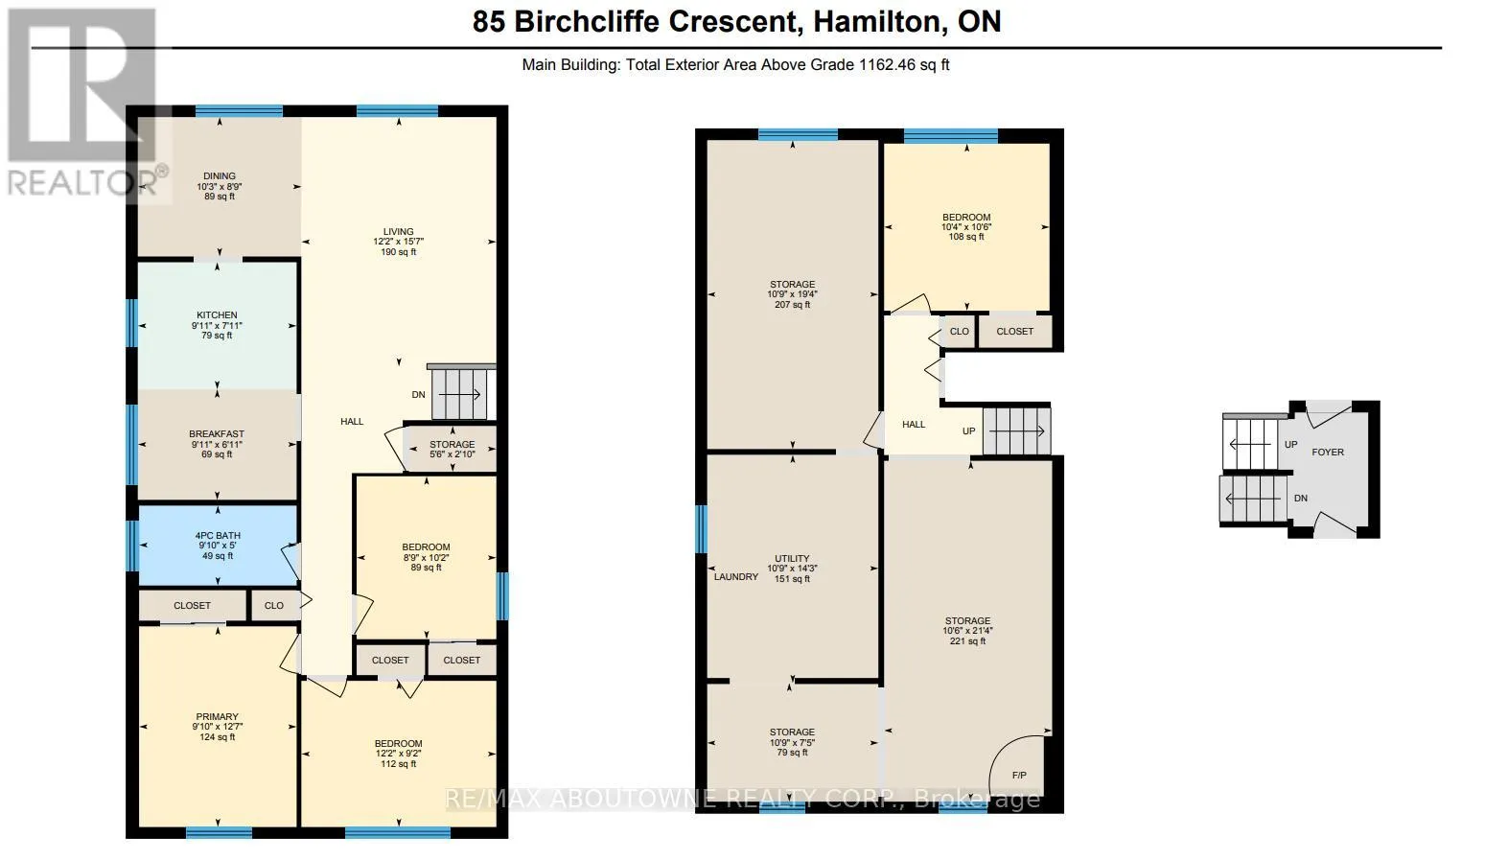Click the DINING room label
220,175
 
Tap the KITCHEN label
217,315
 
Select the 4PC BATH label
218,535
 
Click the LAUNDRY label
736,577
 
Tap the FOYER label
1328,452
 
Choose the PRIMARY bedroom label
217,717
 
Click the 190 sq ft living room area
399,252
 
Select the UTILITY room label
792,558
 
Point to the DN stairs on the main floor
461,394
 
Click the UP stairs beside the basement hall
1016,431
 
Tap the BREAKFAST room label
217,434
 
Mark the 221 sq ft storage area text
968,641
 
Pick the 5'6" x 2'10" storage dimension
452,454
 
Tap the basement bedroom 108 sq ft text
966,237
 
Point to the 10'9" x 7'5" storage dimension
792,743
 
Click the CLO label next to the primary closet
274,605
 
